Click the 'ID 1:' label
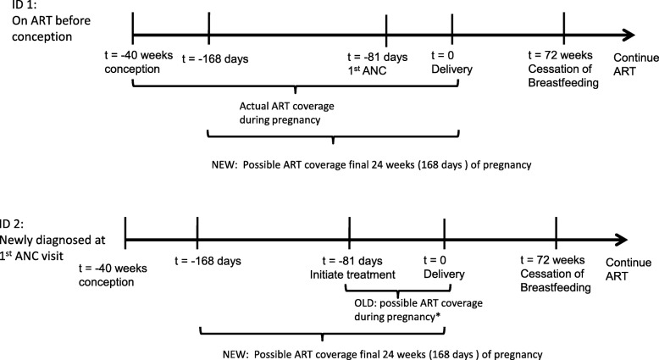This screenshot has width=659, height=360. click(x=16, y=4)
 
